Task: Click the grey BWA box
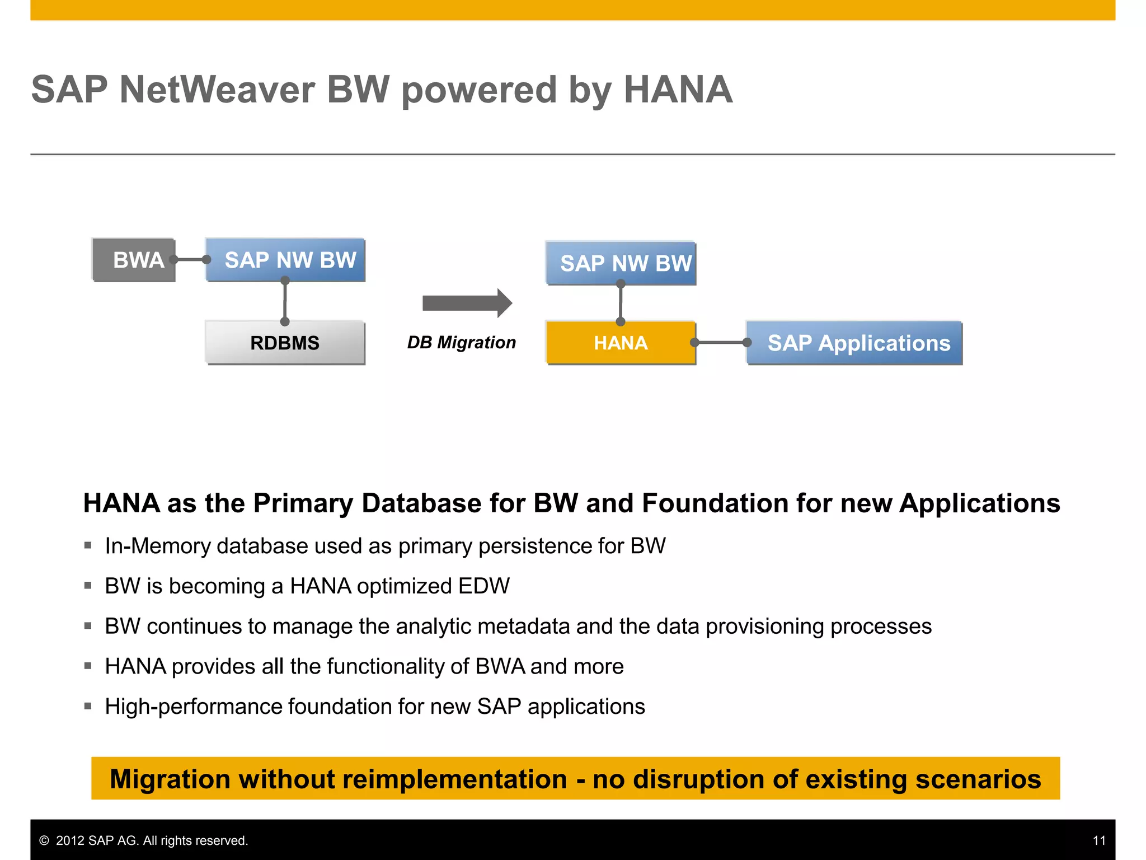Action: [x=134, y=260]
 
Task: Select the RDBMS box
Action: [x=285, y=343]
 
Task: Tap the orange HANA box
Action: [x=621, y=343]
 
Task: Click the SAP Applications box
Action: [x=854, y=343]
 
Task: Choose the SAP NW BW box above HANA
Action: [x=621, y=263]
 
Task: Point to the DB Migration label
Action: [x=461, y=342]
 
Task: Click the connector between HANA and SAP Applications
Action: [x=721, y=342]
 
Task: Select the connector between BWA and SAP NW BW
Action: [x=190, y=260]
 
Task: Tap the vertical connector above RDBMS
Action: [x=285, y=301]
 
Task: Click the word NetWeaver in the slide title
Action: [x=217, y=90]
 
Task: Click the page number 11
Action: [x=1099, y=840]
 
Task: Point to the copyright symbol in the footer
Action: [x=44, y=840]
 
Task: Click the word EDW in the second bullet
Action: [x=483, y=586]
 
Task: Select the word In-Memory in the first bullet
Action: [x=157, y=546]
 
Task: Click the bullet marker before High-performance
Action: [x=88, y=706]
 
